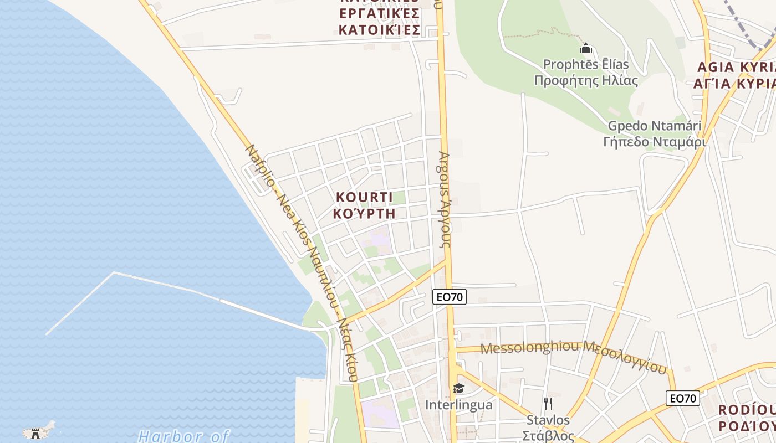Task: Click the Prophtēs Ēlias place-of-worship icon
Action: (x=586, y=49)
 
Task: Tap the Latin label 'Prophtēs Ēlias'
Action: (x=586, y=64)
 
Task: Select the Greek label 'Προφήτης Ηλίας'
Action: (x=586, y=80)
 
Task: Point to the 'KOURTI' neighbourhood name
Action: (x=364, y=197)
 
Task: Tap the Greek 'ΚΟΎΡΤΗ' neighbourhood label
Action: (x=364, y=213)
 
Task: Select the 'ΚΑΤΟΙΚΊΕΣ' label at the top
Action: (x=379, y=29)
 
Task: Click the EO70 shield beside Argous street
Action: (x=450, y=297)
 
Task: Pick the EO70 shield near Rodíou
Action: (x=682, y=398)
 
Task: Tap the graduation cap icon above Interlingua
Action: (x=458, y=388)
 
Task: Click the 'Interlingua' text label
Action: (x=458, y=405)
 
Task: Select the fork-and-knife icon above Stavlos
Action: (x=548, y=403)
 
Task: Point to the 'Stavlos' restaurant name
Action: (x=548, y=420)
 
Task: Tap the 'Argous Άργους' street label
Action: (x=445, y=199)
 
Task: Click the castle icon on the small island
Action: (x=36, y=432)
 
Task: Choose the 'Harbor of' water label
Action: (x=183, y=436)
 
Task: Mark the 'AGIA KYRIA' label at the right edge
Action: (x=736, y=68)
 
